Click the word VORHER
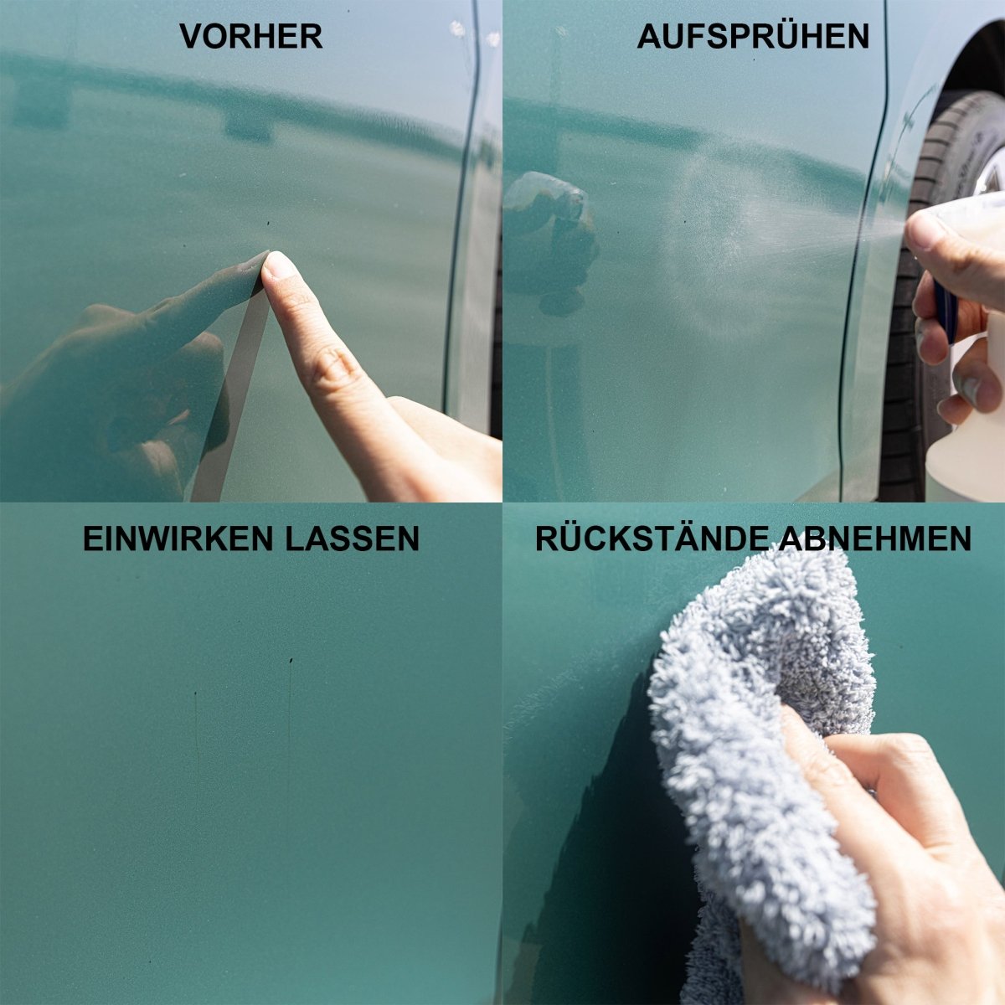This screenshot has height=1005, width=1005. [x=251, y=36]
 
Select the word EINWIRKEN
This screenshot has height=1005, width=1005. [x=178, y=539]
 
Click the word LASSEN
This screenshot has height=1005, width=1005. [x=352, y=539]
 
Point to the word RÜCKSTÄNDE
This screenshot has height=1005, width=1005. [x=652, y=539]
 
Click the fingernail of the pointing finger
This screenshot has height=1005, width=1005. [x=278, y=265]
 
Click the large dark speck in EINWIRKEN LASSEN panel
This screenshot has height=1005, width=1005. [x=291, y=662]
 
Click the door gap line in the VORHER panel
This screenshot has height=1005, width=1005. [x=461, y=209]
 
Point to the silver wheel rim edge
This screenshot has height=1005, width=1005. [x=991, y=173]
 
